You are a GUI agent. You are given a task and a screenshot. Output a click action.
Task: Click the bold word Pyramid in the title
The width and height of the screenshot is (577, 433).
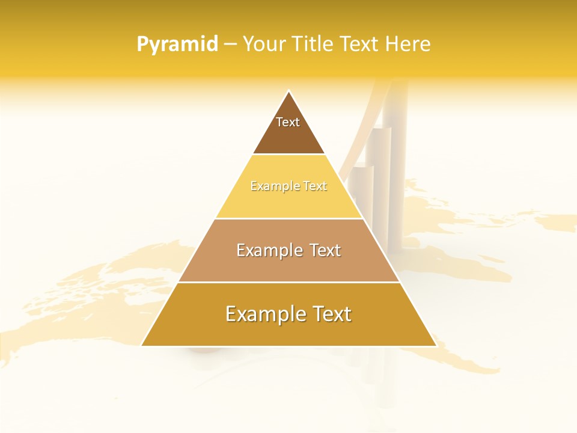[177, 45]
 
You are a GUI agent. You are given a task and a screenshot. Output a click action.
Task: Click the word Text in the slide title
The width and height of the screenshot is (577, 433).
[359, 45]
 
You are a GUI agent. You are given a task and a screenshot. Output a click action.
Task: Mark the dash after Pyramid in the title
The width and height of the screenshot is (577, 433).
[230, 45]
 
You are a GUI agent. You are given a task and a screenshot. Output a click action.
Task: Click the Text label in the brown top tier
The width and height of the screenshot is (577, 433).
[288, 122]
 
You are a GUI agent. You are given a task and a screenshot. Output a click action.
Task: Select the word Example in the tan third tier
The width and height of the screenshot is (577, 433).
[267, 250]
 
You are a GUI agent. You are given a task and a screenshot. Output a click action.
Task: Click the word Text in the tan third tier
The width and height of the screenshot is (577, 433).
[325, 250]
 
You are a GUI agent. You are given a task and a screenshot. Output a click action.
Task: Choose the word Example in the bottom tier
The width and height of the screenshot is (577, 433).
[264, 314]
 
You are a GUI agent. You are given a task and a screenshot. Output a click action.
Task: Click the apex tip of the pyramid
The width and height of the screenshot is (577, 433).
[289, 91]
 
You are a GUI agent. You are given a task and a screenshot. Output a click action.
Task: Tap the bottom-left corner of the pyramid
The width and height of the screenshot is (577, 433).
[142, 345]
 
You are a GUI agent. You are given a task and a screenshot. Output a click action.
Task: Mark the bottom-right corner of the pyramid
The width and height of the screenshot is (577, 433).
[436, 345]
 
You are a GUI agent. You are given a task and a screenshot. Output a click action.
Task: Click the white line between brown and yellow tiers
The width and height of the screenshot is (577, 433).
[288, 155]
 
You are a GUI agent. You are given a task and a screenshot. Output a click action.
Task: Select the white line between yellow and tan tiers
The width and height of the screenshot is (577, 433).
[288, 218]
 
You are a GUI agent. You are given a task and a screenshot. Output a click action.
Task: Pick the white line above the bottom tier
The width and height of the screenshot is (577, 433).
[288, 282]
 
